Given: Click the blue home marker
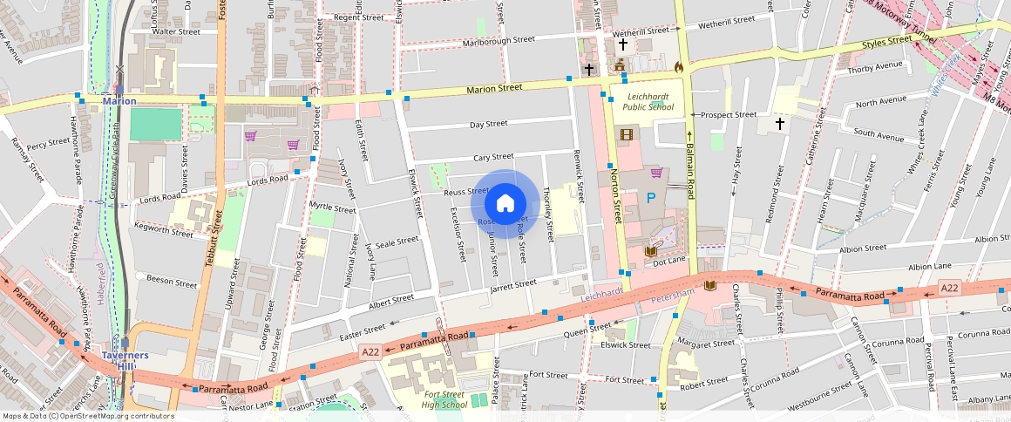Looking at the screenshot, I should coord(505,204).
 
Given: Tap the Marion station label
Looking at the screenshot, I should coord(119,101).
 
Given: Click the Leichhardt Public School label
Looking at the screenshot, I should coord(648,101).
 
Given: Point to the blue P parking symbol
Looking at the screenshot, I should coord(650,199).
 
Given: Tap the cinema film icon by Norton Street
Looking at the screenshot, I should coord(626,134).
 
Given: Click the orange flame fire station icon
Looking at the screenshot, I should coord(679,65).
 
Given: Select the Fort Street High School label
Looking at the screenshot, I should coord(444,399).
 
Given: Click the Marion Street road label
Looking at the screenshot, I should coord(494,88).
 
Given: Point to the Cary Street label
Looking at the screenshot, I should coord(492,158).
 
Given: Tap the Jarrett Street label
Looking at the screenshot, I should coord(513,285).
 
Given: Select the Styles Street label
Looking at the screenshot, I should coord(886,44).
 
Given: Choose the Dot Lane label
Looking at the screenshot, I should coord(670,261).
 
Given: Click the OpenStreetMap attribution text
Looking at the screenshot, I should coord(88,416).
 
